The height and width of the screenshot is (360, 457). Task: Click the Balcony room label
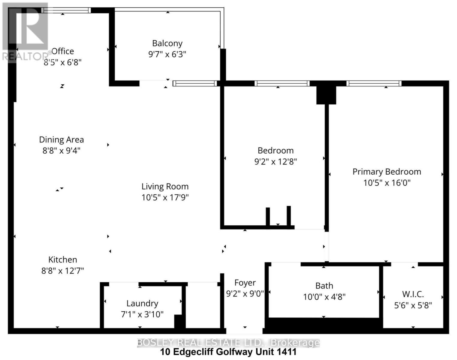pos(167,43)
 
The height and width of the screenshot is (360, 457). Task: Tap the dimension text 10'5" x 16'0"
pos(387,183)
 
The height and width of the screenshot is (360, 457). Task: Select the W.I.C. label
pos(413,294)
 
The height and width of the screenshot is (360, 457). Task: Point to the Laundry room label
pos(142,303)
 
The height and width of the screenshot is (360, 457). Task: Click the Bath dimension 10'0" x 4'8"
pos(324,297)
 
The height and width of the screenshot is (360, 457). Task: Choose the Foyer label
pos(245,283)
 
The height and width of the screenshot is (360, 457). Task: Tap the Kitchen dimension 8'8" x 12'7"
pos(62,271)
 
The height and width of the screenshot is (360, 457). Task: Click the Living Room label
pos(165,187)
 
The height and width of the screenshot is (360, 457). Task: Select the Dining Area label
pos(62,140)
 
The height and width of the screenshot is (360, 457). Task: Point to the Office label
pos(63,51)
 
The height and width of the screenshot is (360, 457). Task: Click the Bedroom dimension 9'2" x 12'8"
pos(275,162)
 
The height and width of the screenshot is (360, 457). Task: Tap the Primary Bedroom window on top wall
pos(374,83)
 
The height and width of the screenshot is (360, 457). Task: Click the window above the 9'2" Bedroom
pos(282,83)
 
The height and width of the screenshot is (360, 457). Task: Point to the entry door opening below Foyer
pos(244,331)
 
